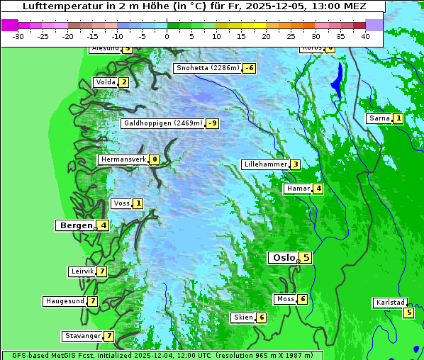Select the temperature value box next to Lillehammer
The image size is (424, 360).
tap(295, 164)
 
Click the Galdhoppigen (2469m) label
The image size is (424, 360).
tap(163, 123)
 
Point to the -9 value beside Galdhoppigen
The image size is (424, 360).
tap(212, 123)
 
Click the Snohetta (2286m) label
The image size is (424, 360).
tap(207, 68)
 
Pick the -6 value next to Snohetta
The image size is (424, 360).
tap(249, 68)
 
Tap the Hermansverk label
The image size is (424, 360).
tap(123, 159)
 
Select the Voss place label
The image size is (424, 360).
tap(121, 203)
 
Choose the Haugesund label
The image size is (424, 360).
tap(65, 301)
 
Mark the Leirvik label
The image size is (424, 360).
tap(82, 271)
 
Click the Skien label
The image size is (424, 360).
tap(243, 317)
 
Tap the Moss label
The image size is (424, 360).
tap(285, 299)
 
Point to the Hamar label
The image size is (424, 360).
tap(298, 189)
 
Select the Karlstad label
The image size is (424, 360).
tap(390, 303)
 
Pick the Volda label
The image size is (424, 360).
tap(105, 82)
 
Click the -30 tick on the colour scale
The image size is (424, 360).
tap(18, 35)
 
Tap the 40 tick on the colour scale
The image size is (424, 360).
tap(364, 35)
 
